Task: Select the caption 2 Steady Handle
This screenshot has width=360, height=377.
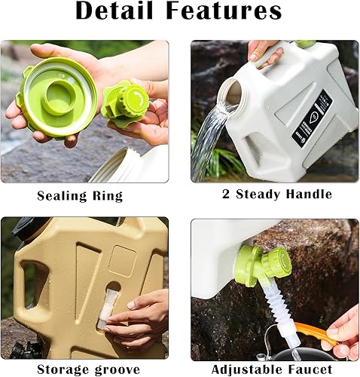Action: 276,195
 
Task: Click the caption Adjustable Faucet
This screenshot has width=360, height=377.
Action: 272,369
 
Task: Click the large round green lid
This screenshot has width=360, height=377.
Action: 57,96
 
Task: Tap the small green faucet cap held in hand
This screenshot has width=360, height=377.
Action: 125,103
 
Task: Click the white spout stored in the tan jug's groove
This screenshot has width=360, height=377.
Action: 108,306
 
